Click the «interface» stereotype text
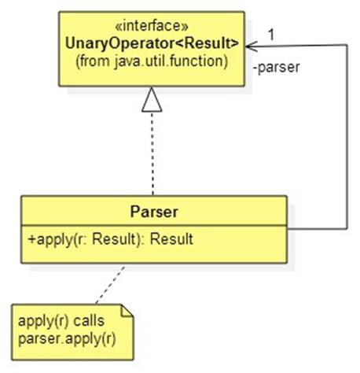pos(152,26)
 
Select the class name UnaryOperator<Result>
pos(152,43)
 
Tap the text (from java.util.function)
pos(152,61)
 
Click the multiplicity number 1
pos(271,35)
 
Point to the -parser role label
pos(277,68)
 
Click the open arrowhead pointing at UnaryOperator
pos(252,46)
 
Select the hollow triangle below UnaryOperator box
pos(152,100)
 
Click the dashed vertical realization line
pos(152,153)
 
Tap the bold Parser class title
pos(154,212)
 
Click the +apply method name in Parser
pos(50,239)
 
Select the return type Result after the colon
pos(171,239)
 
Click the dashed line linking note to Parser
pos(110,285)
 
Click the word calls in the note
pos(89,320)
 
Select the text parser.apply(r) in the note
pos(67,339)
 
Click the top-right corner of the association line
pos(347,45)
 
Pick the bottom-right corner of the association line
pos(347,229)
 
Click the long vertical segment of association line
pos(347,137)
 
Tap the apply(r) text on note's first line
pos(43,321)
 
